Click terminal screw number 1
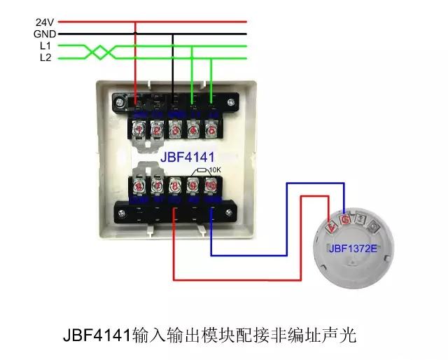139,130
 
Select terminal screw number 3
176,130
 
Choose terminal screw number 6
139,186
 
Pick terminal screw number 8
176,186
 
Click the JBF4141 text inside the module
188,155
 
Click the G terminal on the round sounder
345,219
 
